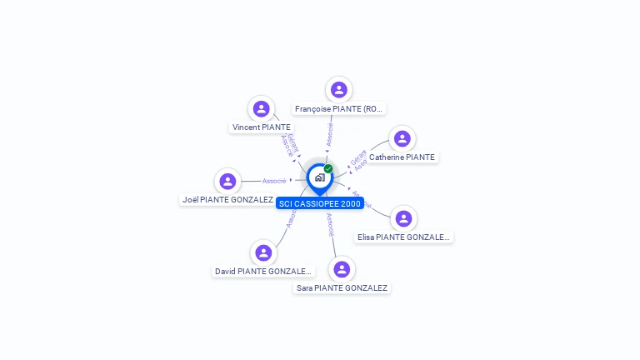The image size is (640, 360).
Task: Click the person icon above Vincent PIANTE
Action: [x=262, y=108]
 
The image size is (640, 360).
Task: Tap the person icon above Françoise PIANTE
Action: [x=338, y=90]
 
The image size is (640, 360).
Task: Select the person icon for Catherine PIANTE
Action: [x=402, y=138]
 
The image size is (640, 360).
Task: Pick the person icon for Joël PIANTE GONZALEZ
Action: [x=227, y=181]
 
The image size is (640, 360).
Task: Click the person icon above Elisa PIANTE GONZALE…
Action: [x=403, y=218]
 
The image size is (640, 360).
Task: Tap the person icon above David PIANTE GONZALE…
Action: [x=263, y=252]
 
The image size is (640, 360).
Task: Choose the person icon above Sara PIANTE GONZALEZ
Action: [x=342, y=269]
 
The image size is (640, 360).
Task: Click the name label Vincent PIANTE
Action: [x=262, y=127]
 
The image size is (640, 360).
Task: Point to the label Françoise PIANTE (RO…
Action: [x=339, y=109]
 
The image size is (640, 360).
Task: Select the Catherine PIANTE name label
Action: [x=402, y=157]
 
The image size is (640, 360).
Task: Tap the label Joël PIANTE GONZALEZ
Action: [x=227, y=200]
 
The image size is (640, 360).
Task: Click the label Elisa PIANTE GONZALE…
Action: [x=404, y=237]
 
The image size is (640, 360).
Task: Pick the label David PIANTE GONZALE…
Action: [x=263, y=272]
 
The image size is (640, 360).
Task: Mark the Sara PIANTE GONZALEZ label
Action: [x=342, y=288]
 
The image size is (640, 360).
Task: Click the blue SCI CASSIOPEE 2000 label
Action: [x=320, y=203]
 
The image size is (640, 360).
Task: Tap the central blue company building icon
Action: [x=319, y=177]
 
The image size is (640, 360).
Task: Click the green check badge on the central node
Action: [x=328, y=168]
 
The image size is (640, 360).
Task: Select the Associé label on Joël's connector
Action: [x=274, y=181]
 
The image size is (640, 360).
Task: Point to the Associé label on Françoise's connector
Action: [x=330, y=134]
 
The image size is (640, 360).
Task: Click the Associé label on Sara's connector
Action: [x=331, y=225]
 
